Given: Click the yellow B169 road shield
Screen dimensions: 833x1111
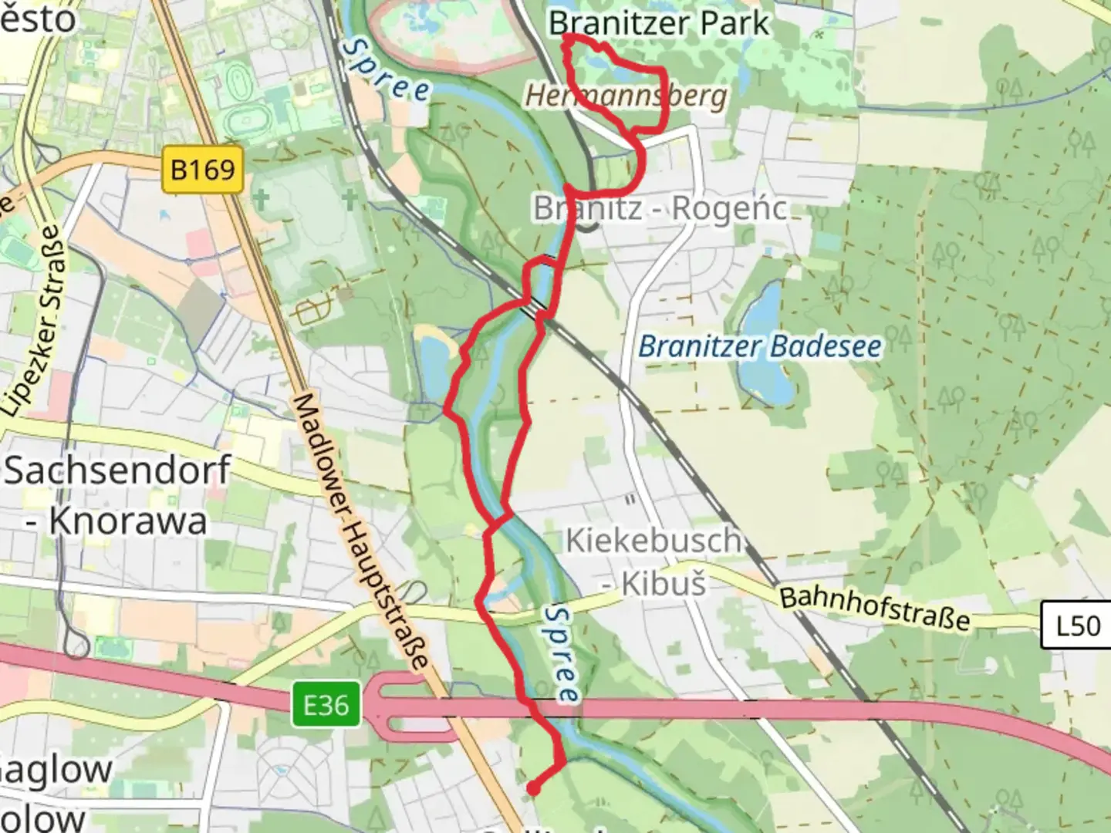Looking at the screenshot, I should click(x=202, y=169).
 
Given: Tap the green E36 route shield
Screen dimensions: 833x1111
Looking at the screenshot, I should click(x=325, y=705).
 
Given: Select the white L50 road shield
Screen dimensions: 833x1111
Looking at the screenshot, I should click(x=1077, y=625).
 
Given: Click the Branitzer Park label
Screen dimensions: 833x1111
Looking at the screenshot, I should click(x=659, y=23).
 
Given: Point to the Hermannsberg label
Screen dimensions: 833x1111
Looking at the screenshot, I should click(x=625, y=96).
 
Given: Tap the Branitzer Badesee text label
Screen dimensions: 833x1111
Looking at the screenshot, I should click(x=759, y=346).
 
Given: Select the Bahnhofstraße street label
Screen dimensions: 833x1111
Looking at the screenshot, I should click(x=874, y=608).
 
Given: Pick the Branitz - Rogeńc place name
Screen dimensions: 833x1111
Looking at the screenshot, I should click(x=660, y=208).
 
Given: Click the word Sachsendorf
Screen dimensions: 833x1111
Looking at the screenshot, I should click(x=117, y=470).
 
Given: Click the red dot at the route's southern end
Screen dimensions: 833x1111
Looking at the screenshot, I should click(x=532, y=788).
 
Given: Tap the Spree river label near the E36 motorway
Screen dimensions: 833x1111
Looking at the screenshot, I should click(x=561, y=654).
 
